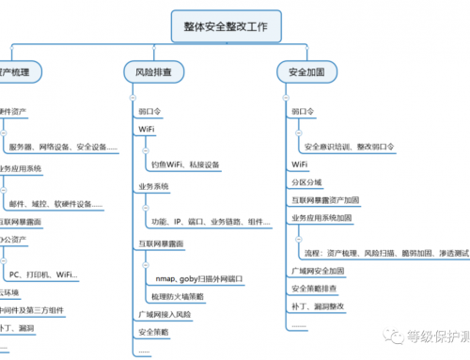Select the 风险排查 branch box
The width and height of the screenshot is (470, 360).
[152, 71]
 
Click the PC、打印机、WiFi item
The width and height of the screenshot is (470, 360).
[41, 274]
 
